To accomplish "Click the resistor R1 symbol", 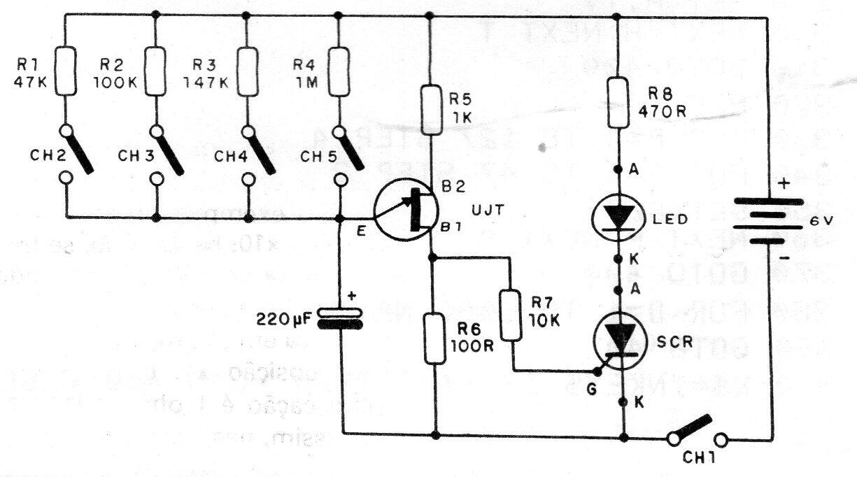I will click(66, 71).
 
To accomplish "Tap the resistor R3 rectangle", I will click(247, 71).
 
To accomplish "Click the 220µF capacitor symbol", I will click(339, 318).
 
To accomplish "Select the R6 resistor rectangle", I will click(436, 339).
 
